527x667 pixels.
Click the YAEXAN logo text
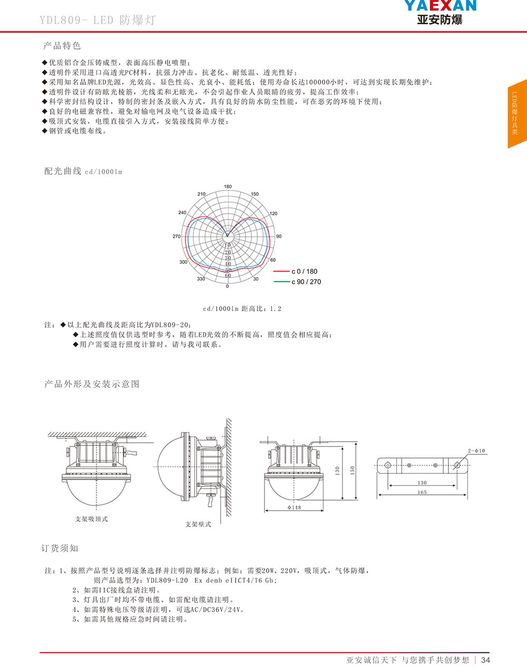pyautogui.click(x=440, y=6)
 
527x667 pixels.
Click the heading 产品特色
pyautogui.click(x=62, y=46)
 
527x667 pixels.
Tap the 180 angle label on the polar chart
pyautogui.click(x=228, y=187)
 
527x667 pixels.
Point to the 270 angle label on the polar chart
pyautogui.click(x=177, y=236)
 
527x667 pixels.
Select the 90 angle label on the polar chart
pyautogui.click(x=279, y=236)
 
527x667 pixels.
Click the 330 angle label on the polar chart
pyautogui.click(x=201, y=279)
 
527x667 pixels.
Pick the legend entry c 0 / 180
pyautogui.click(x=304, y=272)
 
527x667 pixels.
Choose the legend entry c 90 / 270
pyautogui.click(x=306, y=282)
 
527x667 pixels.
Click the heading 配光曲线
pyautogui.click(x=63, y=171)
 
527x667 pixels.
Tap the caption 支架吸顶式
pyautogui.click(x=91, y=519)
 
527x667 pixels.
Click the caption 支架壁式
pyautogui.click(x=198, y=524)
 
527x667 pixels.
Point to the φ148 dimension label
pyautogui.click(x=294, y=507)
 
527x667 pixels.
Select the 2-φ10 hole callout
pyautogui.click(x=476, y=451)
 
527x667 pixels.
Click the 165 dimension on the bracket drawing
pyautogui.click(x=422, y=493)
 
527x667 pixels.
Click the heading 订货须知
pyautogui.click(x=60, y=549)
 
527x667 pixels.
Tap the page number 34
pyautogui.click(x=486, y=660)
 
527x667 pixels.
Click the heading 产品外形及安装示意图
pyautogui.click(x=92, y=384)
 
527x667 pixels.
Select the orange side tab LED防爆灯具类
pyautogui.click(x=517, y=113)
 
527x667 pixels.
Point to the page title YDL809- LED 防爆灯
pyautogui.click(x=97, y=21)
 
